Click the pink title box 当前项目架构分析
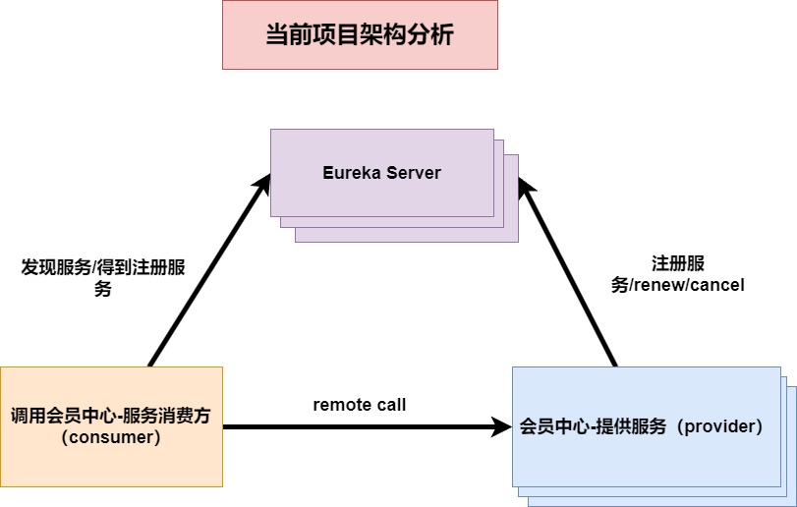point(360,35)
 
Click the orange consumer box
point(111,426)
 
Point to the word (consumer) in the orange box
point(111,437)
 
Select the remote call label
point(359,404)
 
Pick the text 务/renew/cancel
point(677,286)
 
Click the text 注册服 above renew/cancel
point(677,263)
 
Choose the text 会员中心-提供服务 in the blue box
point(594,426)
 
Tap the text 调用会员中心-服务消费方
point(111,416)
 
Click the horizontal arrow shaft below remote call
point(359,426)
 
